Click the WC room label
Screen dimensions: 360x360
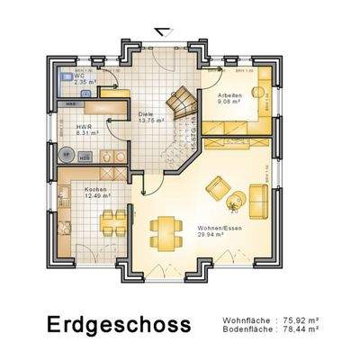point(80,76)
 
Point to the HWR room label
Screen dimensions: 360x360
point(84,127)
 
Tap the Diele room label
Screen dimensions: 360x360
point(145,113)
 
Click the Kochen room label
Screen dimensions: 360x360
point(95,189)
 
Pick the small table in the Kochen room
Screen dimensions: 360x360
point(112,218)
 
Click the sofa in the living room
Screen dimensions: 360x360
point(259,200)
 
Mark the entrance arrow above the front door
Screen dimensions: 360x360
point(159,31)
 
